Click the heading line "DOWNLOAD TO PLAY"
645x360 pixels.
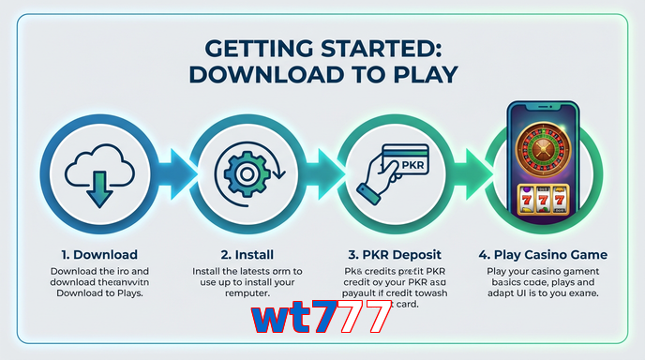coord(322,74)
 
